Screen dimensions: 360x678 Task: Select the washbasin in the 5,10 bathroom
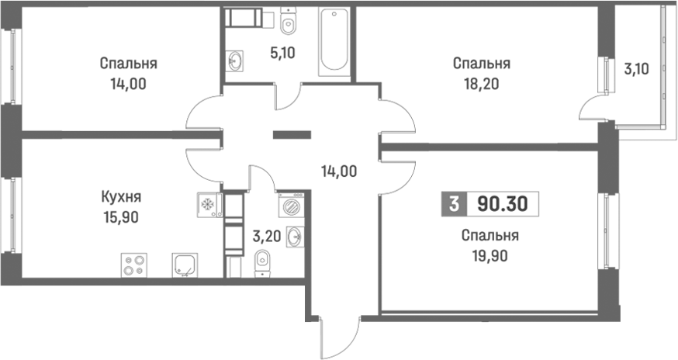(x=235, y=61)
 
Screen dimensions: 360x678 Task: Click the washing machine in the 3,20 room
(x=289, y=207)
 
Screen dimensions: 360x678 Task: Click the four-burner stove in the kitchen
(x=134, y=265)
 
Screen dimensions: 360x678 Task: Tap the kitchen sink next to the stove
(x=184, y=265)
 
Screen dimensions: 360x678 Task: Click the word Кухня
(x=121, y=198)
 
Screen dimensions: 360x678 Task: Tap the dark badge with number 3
(x=452, y=204)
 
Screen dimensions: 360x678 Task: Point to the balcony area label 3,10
(x=636, y=68)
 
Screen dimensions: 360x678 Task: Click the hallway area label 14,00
(x=339, y=171)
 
